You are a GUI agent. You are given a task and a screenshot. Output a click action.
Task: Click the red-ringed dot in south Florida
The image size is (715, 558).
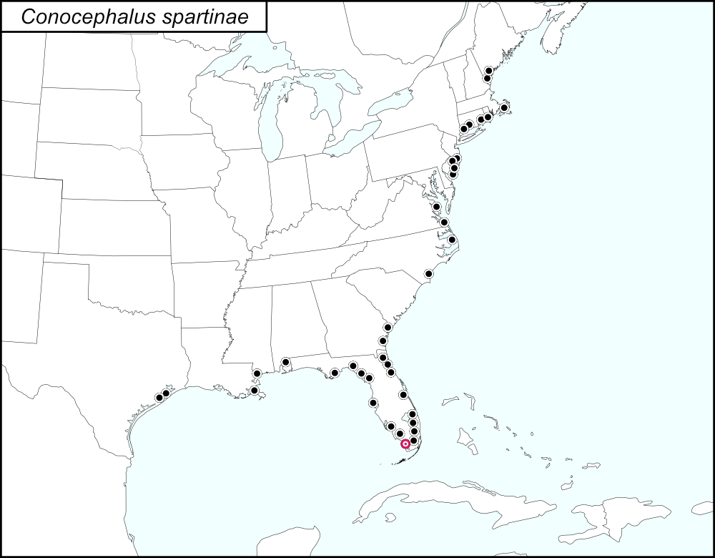405,444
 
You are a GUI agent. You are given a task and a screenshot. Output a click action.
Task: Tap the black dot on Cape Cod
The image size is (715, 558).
504,108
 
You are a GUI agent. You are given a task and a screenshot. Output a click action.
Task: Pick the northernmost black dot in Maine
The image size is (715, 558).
488,70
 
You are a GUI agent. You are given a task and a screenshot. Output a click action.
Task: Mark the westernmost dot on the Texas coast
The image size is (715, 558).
159,397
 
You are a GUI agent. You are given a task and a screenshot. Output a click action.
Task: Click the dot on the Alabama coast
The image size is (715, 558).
285,362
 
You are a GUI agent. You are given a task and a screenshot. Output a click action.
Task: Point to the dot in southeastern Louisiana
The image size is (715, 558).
254,390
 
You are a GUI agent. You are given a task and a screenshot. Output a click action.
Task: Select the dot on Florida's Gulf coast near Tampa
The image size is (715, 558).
372,403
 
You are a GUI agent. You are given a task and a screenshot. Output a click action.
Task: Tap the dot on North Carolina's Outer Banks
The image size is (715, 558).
452,240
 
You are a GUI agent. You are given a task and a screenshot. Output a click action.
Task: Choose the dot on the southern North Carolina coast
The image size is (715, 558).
428,273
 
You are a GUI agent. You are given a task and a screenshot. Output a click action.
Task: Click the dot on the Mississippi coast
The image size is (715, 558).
257,373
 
